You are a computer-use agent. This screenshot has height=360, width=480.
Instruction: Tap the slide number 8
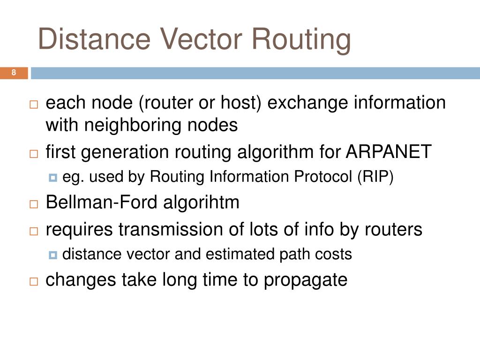[x=14, y=73]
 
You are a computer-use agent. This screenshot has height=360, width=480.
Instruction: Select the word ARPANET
[x=389, y=152]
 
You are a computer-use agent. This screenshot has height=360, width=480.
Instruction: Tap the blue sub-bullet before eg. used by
[x=52, y=178]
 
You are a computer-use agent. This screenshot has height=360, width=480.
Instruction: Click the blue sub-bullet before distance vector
[x=52, y=255]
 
